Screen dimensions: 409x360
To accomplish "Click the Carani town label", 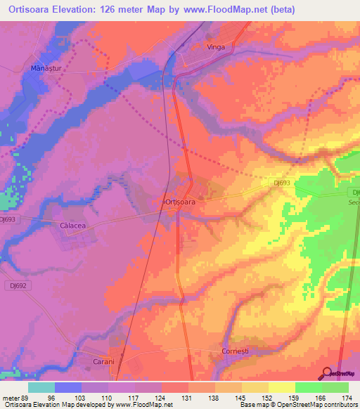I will (x=104, y=362).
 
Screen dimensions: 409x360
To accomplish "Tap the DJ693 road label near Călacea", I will (x=8, y=219).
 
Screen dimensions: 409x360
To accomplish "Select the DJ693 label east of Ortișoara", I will (x=283, y=183).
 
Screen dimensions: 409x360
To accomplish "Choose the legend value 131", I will (x=187, y=398).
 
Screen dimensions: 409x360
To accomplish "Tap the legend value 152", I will (x=268, y=398).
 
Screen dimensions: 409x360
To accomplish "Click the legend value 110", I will (x=107, y=398).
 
